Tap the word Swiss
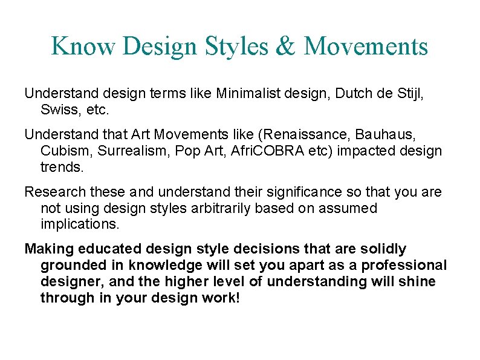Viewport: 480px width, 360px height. point(57,110)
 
